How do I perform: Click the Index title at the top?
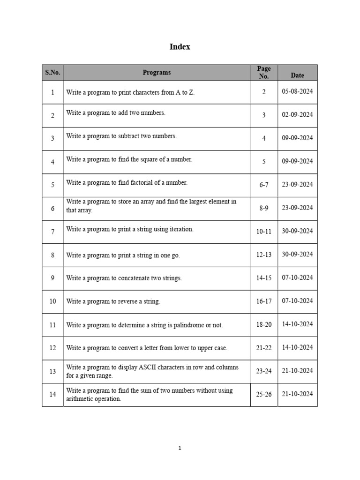pyautogui.click(x=180, y=47)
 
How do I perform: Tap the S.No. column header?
pyautogui.click(x=52, y=73)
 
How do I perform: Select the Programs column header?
pyautogui.click(x=157, y=73)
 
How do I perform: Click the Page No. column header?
pyautogui.click(x=264, y=72)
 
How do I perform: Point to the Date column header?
pyautogui.click(x=297, y=75)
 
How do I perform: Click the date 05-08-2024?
pyautogui.click(x=297, y=92)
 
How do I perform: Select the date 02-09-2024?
pyautogui.click(x=297, y=115)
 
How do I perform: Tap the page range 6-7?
pyautogui.click(x=264, y=185)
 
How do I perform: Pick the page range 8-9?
pyautogui.click(x=264, y=208)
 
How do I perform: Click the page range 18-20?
pyautogui.click(x=264, y=324)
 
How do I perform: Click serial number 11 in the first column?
pyautogui.click(x=52, y=324)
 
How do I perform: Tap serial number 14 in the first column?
pyautogui.click(x=52, y=394)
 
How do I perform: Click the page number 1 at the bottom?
pyautogui.click(x=180, y=448)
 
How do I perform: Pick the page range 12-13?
pyautogui.click(x=264, y=255)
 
